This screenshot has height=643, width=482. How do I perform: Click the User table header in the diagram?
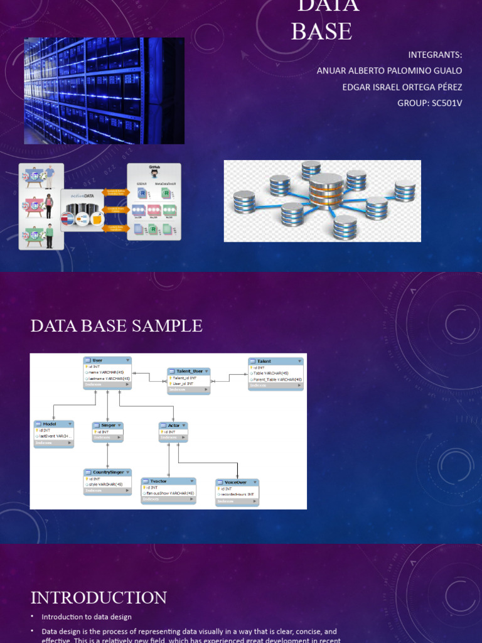click(107, 360)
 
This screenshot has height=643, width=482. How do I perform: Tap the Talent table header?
click(276, 362)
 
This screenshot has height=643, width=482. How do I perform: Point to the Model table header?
click(53, 424)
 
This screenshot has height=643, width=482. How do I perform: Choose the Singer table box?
click(107, 431)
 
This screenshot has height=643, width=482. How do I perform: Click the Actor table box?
click(173, 431)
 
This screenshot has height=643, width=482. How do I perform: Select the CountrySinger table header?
click(107, 472)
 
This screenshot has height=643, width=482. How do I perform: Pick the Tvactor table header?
click(168, 482)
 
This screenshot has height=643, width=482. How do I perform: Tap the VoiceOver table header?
click(237, 483)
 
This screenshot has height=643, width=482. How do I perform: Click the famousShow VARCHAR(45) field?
click(169, 494)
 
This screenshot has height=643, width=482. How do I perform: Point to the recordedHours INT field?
click(237, 494)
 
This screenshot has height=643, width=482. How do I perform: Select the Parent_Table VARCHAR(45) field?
click(277, 379)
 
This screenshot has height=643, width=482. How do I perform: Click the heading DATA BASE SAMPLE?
click(117, 326)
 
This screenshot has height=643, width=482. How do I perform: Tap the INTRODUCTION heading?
click(99, 597)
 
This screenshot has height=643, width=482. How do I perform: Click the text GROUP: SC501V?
click(429, 103)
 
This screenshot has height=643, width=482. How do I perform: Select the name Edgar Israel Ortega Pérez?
click(402, 87)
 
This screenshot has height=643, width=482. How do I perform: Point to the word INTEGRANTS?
click(435, 55)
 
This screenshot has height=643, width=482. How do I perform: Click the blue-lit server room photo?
click(104, 91)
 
